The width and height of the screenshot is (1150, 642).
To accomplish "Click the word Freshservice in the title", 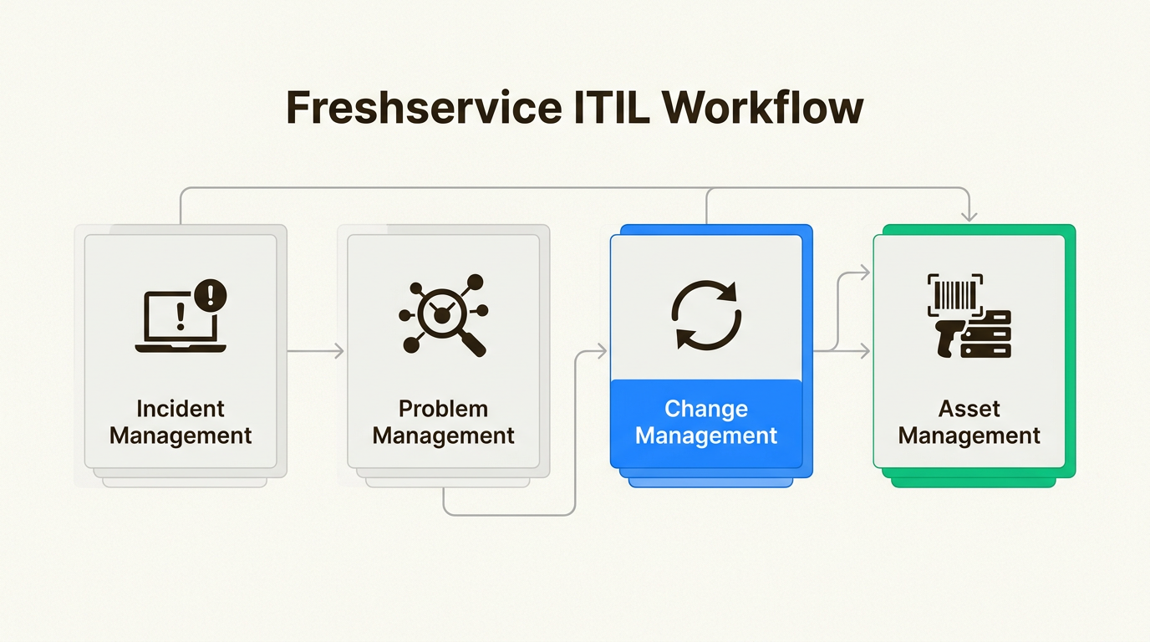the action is coord(424,108).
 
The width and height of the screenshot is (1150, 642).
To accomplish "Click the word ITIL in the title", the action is coord(612,108).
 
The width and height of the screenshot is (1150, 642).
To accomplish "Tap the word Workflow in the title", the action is coord(762,108).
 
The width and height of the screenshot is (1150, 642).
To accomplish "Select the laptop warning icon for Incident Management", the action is coord(181,316).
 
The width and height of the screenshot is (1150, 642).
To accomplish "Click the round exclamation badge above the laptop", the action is coord(211,295).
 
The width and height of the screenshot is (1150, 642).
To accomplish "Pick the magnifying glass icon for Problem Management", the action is coord(444,315).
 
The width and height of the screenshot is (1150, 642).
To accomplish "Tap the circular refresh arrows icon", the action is coord(706,315).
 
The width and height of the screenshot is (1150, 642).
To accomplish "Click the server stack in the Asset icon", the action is coord(986,334).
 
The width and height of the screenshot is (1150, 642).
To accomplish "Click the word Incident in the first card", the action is coord(181,410).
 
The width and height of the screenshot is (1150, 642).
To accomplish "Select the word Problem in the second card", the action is coord(443,410).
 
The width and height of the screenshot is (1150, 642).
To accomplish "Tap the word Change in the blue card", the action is coord(706,410).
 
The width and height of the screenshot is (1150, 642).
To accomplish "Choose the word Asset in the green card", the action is coord(969,410).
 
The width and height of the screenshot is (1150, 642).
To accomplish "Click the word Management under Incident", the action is coord(181,436).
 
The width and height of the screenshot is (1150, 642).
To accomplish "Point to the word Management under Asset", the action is coord(969,436).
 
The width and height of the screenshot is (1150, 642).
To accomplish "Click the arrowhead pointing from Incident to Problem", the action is coord(339,351).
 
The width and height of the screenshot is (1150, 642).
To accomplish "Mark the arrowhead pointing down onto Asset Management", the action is coord(969,217).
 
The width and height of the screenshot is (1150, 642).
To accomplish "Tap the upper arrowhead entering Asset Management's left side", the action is coord(865,273).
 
